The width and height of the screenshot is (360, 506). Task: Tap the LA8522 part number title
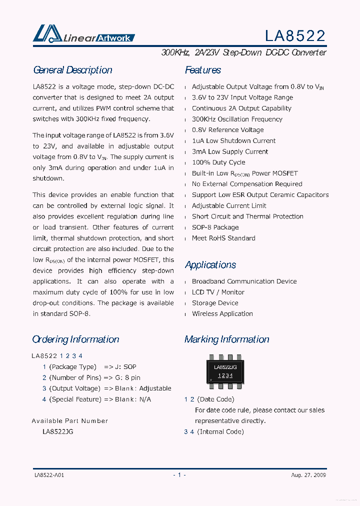point(295,35)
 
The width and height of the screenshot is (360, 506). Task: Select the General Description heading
point(72,70)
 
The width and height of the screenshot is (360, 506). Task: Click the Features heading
point(203,70)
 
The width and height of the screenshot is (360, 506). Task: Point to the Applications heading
point(210,265)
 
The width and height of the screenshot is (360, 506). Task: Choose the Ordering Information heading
point(75,339)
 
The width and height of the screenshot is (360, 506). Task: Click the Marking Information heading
point(227,339)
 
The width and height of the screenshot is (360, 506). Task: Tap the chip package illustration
point(225,371)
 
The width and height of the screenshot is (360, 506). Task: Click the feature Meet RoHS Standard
point(223,238)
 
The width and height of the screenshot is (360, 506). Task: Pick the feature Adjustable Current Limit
point(229,206)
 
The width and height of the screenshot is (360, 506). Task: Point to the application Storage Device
point(215,303)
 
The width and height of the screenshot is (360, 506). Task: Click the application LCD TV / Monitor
point(218,292)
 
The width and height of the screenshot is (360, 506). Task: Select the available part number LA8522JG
point(58,431)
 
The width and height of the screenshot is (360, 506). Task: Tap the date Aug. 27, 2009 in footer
point(308,475)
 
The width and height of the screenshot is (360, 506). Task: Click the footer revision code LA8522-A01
point(49,475)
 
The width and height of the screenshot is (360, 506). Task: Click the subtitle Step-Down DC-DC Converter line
point(244,52)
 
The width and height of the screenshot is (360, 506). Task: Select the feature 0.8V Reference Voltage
point(227,130)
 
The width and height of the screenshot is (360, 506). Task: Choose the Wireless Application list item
point(222,314)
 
